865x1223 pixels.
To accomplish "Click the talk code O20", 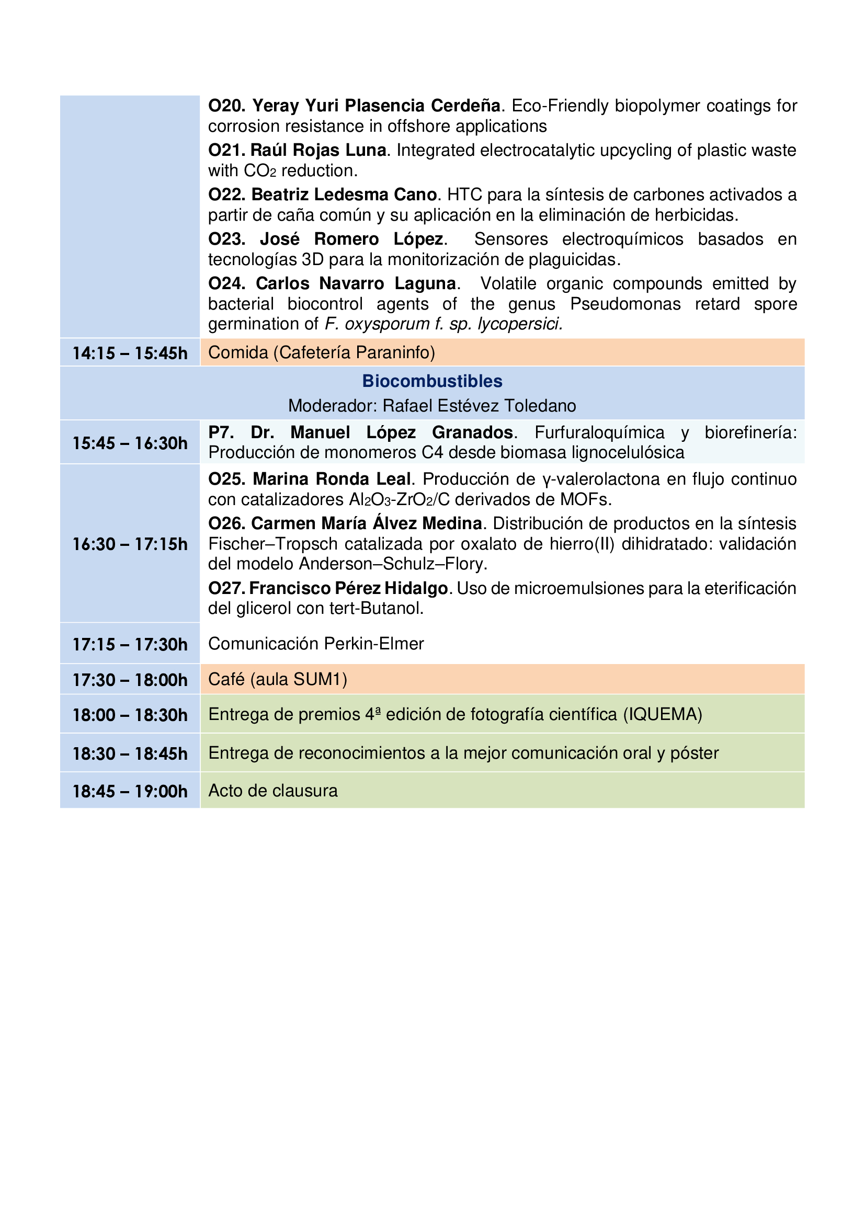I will (226, 106).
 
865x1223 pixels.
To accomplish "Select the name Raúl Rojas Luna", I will (318, 150).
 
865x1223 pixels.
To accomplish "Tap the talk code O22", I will (226, 195).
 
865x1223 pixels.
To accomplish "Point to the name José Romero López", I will (351, 239).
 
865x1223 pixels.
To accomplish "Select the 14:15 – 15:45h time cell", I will (130, 352).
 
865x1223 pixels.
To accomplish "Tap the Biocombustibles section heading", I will (432, 381).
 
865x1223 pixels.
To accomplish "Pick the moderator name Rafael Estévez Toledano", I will (480, 406).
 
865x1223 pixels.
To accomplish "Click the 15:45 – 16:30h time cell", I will (130, 443).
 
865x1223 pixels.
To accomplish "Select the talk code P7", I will (220, 432).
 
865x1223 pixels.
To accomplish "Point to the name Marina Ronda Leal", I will (331, 479).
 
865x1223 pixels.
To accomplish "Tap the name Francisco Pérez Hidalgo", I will (348, 588).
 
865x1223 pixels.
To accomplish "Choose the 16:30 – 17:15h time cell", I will (130, 544).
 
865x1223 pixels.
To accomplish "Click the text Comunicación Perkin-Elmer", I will (316, 644).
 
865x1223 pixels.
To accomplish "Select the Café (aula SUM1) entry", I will (278, 679).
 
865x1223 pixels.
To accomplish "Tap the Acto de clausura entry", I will (272, 791).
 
